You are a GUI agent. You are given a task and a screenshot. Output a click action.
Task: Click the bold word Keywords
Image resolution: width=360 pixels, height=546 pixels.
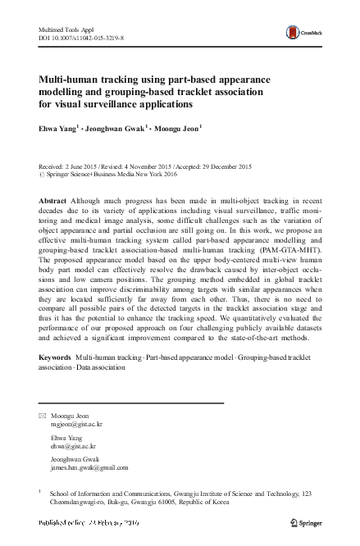[x=55, y=359]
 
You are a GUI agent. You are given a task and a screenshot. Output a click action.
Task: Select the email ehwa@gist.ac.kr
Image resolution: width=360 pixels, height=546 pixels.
[x=72, y=448]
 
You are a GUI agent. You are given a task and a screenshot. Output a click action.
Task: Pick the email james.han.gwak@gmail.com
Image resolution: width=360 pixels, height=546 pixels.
[x=89, y=468]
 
